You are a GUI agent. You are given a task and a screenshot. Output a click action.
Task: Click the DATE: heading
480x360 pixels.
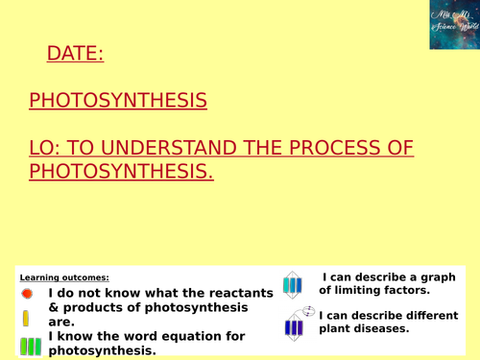[75, 55]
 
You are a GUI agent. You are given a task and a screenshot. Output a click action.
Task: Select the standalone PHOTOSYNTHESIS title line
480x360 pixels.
[117, 101]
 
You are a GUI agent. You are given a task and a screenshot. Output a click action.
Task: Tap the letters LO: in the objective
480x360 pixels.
[44, 149]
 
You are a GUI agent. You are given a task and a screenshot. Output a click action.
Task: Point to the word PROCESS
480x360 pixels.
[347, 149]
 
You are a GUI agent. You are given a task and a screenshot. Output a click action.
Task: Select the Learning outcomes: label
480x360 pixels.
[58, 277]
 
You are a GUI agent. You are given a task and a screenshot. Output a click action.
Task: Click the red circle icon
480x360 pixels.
[27, 293]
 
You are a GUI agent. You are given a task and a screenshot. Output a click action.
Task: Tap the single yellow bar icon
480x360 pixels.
[27, 318]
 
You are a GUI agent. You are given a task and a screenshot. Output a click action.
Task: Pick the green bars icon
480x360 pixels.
[29, 345]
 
